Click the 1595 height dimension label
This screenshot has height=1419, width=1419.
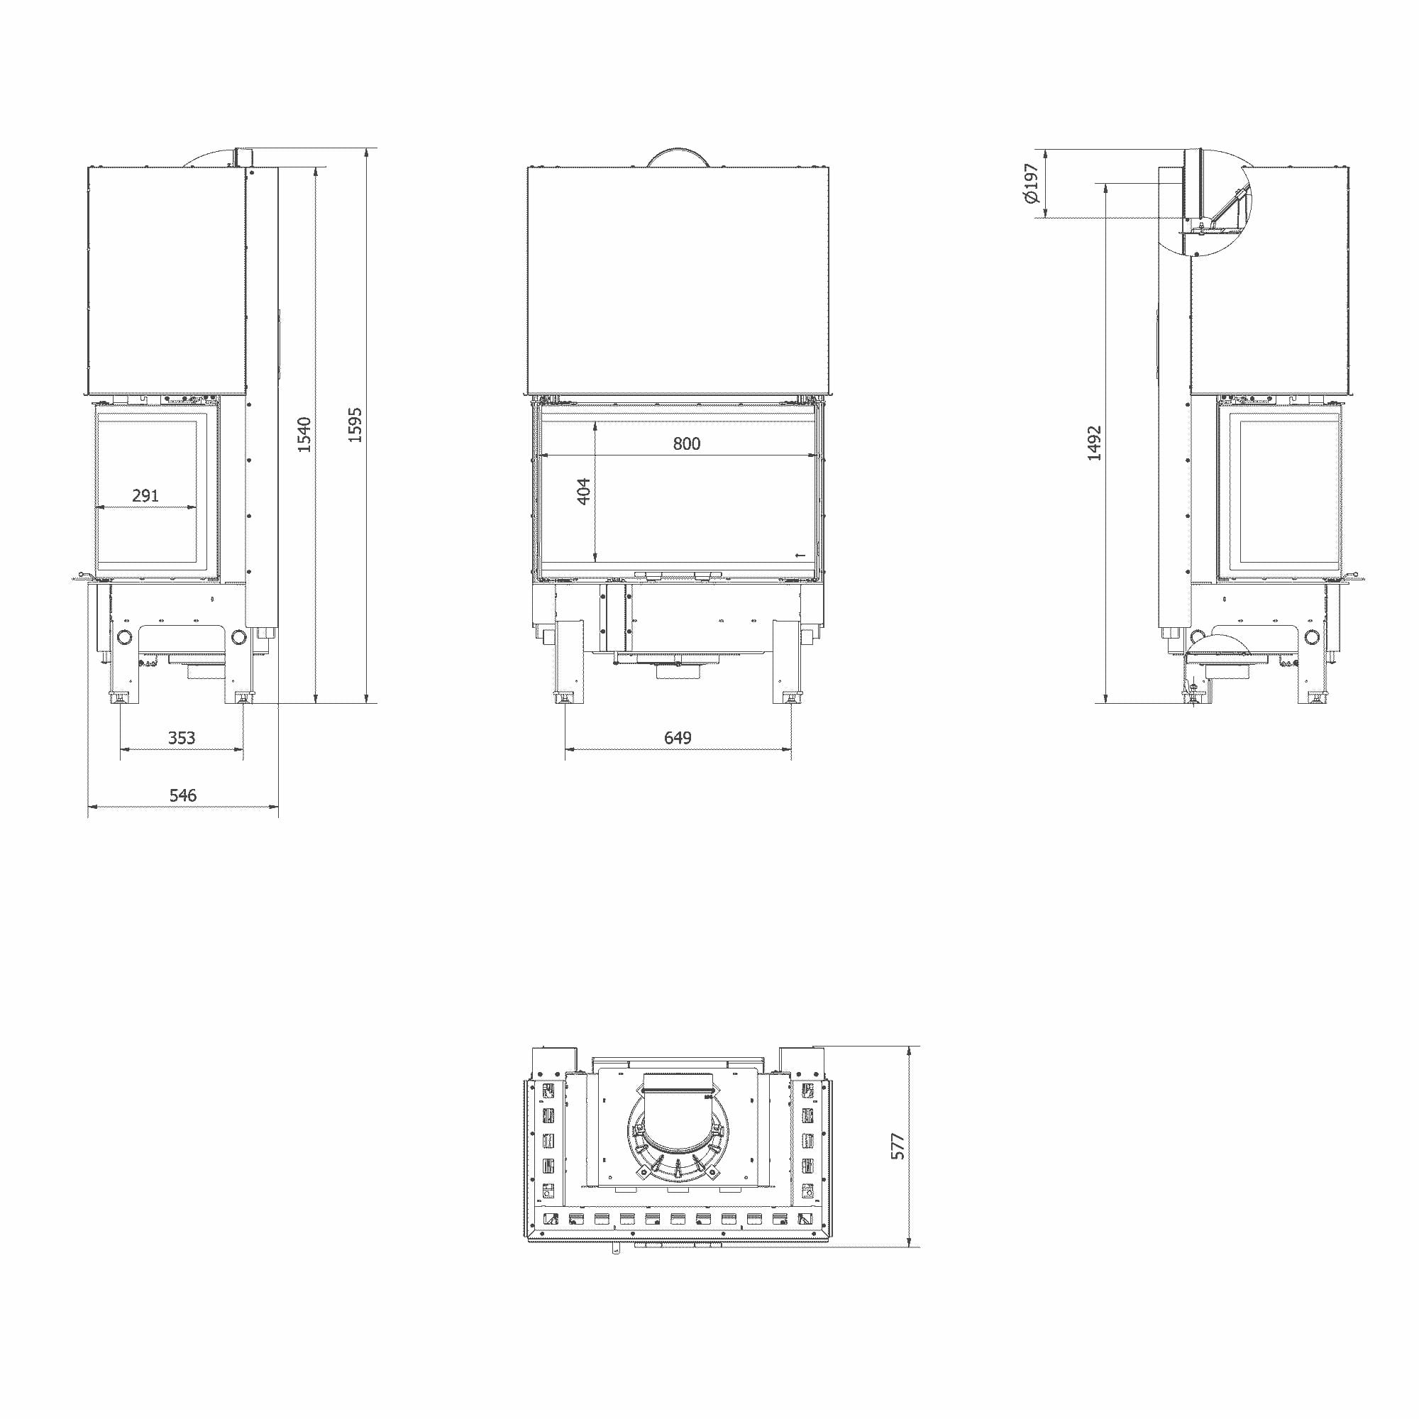355,424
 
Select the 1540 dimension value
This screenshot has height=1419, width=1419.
304,434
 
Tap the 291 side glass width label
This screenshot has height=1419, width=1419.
145,496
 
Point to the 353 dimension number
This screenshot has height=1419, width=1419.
182,737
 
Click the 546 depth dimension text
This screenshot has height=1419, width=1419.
183,795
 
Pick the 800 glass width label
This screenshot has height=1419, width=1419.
687,443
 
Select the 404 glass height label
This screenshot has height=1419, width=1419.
583,492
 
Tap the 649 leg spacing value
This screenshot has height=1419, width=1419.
678,737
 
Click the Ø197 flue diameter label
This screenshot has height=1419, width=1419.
1031,183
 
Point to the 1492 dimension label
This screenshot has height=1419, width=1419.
1094,443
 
